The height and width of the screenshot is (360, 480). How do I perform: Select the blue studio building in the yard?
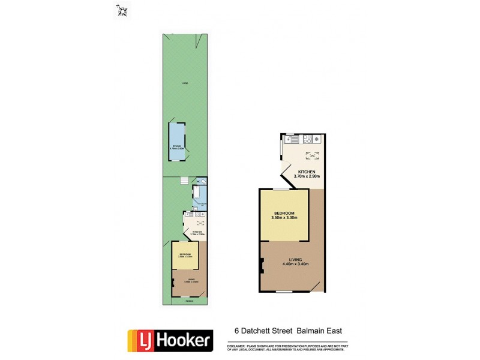(x=178, y=143)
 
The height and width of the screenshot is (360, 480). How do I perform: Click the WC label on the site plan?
(x=197, y=181)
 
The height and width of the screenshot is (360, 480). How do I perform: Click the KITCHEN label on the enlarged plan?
(x=307, y=172)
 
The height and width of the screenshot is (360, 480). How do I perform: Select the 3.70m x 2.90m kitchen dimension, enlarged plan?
(x=307, y=177)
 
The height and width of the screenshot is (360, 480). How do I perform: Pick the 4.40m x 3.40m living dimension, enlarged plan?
(x=293, y=264)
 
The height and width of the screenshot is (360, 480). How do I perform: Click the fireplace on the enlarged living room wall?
(x=262, y=265)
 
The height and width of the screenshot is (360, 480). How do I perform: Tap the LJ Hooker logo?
(x=169, y=340)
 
